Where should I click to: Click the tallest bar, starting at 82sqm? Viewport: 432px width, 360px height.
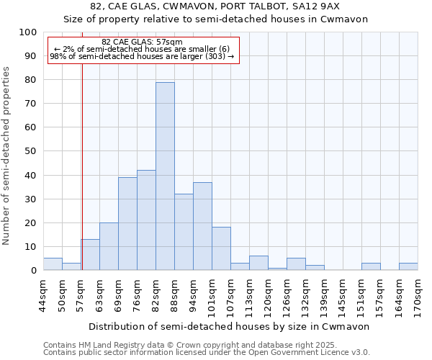[x=165, y=176]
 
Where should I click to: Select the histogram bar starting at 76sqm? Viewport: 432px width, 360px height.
[x=146, y=220]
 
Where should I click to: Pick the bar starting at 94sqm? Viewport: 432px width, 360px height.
[x=202, y=226]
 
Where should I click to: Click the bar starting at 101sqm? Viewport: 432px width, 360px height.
[x=221, y=249]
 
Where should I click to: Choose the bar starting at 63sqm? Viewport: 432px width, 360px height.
[x=109, y=247]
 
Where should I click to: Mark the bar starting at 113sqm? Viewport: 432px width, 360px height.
[x=258, y=264]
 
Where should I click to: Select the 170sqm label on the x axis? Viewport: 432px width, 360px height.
[x=418, y=295]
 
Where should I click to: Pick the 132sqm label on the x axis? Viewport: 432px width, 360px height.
[x=306, y=295]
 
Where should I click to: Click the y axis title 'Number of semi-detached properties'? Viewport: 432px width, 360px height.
[x=7, y=156]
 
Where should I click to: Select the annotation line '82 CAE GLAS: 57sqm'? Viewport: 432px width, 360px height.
[x=142, y=42]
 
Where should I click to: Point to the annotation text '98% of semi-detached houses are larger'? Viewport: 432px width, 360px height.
[x=142, y=56]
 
